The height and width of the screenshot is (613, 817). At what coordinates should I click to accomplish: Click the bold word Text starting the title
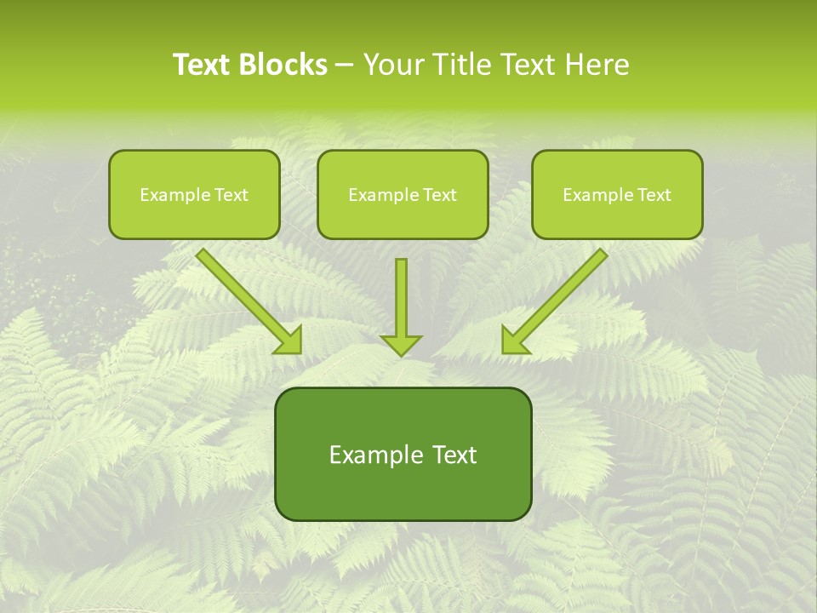(x=204, y=65)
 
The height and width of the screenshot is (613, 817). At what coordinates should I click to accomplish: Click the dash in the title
(x=346, y=65)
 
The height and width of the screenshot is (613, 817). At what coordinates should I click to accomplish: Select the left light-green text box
(x=194, y=194)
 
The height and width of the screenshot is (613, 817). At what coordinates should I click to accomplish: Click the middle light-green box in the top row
(x=403, y=194)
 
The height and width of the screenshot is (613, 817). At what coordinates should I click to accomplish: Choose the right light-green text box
(x=617, y=194)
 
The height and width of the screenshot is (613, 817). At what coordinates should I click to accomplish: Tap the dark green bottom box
(x=403, y=454)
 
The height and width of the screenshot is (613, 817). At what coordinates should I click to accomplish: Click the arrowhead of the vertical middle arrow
(x=401, y=344)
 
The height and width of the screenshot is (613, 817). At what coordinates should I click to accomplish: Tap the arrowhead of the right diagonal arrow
(x=513, y=341)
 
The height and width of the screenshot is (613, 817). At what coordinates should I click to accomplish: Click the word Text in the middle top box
(x=440, y=195)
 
